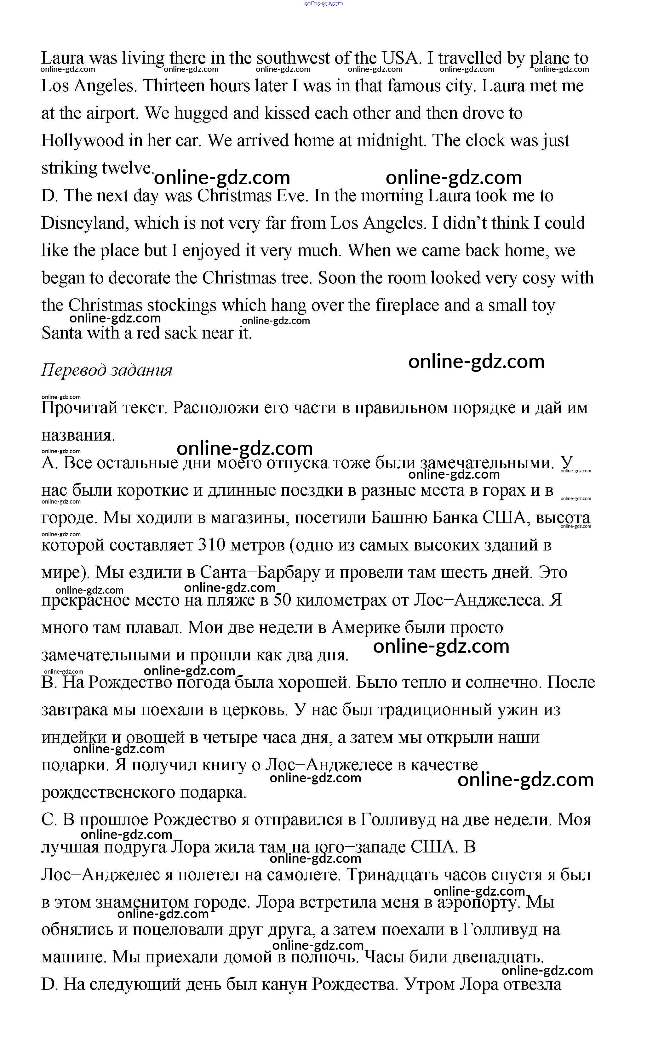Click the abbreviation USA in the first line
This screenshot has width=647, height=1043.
pyautogui.click(x=401, y=59)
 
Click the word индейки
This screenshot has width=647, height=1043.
pyautogui.click(x=74, y=738)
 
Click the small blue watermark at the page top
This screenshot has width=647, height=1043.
pyautogui.click(x=323, y=3)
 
